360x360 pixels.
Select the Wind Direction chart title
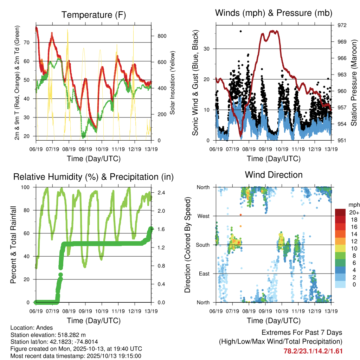(274, 175)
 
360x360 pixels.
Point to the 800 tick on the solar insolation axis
(162, 36)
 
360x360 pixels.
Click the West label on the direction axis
(203, 216)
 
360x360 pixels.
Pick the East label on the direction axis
(204, 274)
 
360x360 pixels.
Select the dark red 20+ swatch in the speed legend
(340, 212)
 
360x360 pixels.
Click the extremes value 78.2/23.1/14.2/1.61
(313, 351)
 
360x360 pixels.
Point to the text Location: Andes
(32, 328)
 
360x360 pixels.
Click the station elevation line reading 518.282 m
(48, 335)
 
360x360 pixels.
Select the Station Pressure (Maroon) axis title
(354, 83)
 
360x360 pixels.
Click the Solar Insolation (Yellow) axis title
(173, 83)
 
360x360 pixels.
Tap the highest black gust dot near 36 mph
(240, 31)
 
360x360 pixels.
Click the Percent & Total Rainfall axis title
(13, 245)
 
